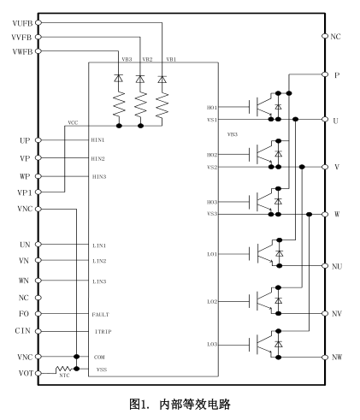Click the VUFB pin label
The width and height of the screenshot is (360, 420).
(x=22, y=23)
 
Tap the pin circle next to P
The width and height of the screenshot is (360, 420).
(x=325, y=74)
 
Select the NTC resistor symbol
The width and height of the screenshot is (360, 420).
(x=63, y=370)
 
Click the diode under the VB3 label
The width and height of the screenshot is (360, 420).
(x=118, y=78)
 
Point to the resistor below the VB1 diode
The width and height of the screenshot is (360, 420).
(x=162, y=105)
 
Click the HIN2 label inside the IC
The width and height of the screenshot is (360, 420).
(x=97, y=158)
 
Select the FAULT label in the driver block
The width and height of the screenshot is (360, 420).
(x=100, y=315)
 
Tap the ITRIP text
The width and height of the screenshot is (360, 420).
(x=103, y=332)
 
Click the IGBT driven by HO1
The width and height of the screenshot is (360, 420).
(x=261, y=107)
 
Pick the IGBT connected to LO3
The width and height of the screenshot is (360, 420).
(x=261, y=345)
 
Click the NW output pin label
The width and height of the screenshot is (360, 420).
(x=337, y=357)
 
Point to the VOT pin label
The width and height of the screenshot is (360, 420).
(x=26, y=373)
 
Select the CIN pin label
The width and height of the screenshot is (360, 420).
(x=22, y=331)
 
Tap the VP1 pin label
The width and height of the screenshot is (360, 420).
(x=25, y=192)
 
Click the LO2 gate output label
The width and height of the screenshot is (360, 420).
(x=212, y=301)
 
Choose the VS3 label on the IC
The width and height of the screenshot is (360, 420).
(x=212, y=214)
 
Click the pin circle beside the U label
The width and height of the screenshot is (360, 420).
(x=325, y=119)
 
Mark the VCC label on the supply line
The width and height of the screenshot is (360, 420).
(x=73, y=123)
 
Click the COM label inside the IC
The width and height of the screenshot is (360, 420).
(x=99, y=357)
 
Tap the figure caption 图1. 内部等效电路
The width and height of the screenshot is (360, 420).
(x=180, y=404)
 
